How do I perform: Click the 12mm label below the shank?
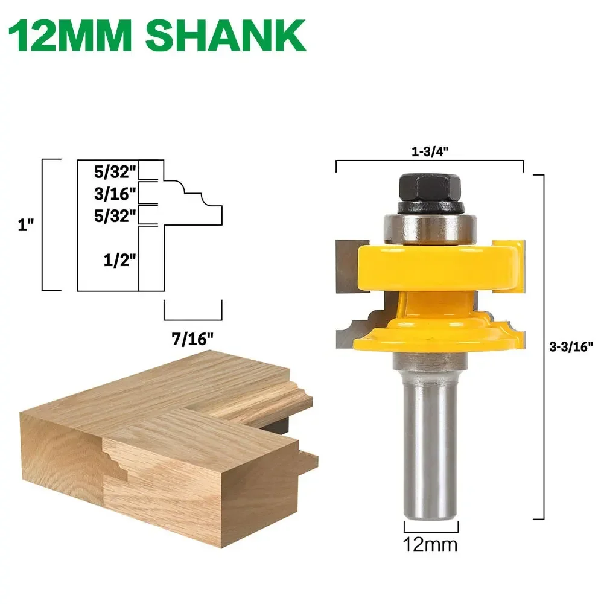[x=430, y=544]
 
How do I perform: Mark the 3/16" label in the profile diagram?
[x=116, y=194]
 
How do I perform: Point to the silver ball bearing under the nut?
[x=430, y=227]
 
